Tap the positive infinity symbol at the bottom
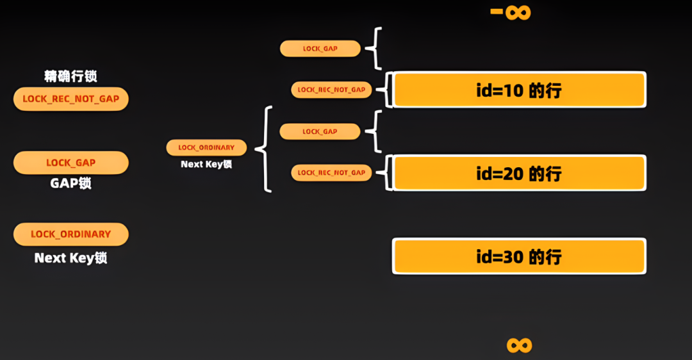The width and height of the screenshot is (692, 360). click(x=519, y=345)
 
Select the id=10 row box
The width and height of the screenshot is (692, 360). click(x=519, y=90)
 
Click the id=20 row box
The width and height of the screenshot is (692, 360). click(x=519, y=173)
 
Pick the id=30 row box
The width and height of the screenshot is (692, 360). click(x=519, y=256)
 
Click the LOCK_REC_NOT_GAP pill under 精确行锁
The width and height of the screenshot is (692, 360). click(x=71, y=99)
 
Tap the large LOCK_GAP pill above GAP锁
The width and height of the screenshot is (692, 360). click(x=71, y=163)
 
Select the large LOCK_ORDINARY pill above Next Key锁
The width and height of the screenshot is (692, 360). click(x=71, y=234)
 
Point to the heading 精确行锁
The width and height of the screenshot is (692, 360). click(x=70, y=76)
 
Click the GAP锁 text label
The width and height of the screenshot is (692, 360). click(x=70, y=183)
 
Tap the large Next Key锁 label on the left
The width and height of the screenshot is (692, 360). click(x=70, y=258)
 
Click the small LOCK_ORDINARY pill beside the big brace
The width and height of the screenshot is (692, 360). click(x=206, y=147)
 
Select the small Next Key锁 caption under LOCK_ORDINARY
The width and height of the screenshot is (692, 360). click(x=206, y=164)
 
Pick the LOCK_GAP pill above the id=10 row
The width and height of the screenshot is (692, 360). click(x=320, y=48)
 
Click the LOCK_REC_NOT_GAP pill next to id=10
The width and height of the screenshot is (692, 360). click(x=331, y=90)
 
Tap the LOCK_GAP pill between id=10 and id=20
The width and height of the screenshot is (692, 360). click(x=320, y=131)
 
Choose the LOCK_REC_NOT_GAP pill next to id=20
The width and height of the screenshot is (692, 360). click(x=331, y=172)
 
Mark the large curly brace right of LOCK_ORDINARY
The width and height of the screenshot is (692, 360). click(x=264, y=149)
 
